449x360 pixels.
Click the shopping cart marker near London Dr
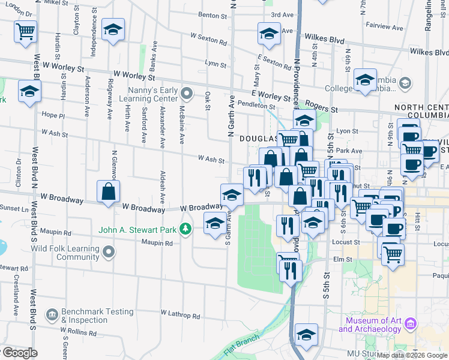pyautogui.click(x=26, y=31)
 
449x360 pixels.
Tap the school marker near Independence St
pyautogui.click(x=112, y=30)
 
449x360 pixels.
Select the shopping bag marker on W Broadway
pyautogui.click(x=109, y=193)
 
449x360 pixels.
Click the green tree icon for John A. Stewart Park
pyautogui.click(x=186, y=229)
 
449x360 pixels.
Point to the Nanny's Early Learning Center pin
pyautogui.click(x=187, y=93)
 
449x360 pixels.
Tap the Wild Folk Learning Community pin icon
pyautogui.click(x=109, y=252)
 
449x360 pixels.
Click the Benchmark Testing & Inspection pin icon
pyautogui.click(x=52, y=314)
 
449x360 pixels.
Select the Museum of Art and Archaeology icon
pyautogui.click(x=411, y=324)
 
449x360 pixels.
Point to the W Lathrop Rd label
pyautogui.click(x=180, y=314)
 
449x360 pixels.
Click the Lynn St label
pyautogui.click(x=215, y=63)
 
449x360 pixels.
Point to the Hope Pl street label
pyautogui.click(x=53, y=115)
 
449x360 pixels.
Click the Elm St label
pyautogui.click(x=342, y=259)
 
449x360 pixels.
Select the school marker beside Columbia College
pyautogui.click(x=365, y=80)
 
